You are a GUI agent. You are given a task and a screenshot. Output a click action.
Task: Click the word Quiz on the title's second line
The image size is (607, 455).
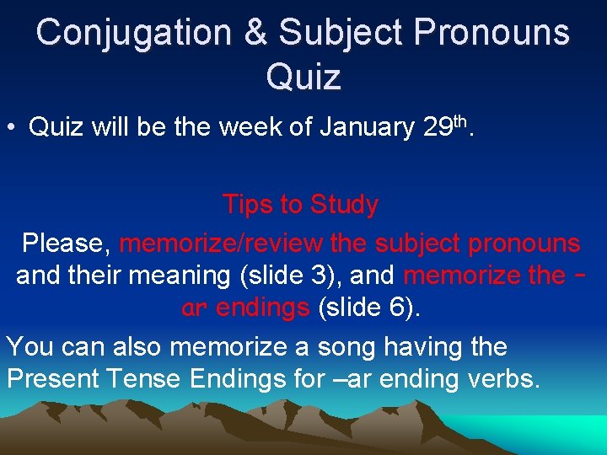(x=303, y=76)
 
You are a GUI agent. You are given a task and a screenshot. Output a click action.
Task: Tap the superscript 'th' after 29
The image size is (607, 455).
(x=460, y=121)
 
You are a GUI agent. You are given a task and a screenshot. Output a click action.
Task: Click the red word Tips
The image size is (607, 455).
(x=248, y=205)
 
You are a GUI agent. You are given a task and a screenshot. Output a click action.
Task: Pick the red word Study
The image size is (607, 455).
(x=344, y=205)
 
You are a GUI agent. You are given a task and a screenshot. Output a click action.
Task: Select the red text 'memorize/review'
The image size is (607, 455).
(x=221, y=244)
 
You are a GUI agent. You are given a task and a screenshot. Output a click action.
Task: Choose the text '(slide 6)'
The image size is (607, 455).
(x=368, y=308)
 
